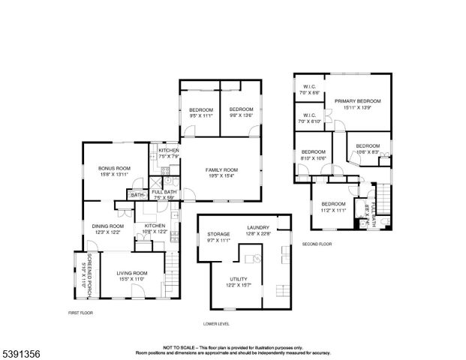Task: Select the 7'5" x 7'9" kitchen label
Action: coord(168,153)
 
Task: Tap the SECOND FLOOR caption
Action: coord(317,244)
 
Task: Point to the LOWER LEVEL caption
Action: coord(216,324)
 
